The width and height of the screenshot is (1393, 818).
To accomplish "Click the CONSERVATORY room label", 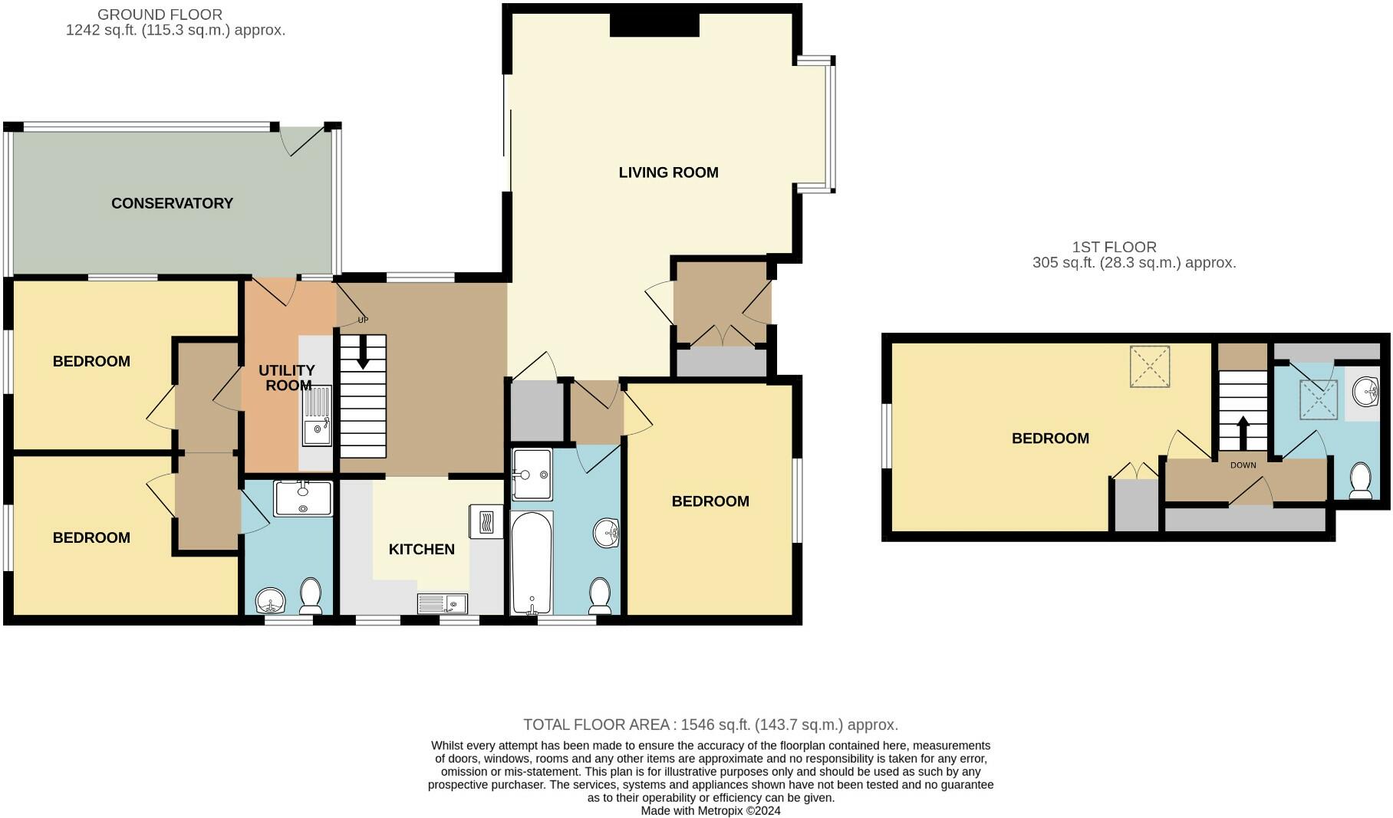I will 172,203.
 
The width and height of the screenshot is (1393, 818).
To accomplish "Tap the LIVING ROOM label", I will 668,172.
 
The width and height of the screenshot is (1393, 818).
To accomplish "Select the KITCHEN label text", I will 421,549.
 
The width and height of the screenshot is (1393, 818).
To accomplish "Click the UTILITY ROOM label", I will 287,378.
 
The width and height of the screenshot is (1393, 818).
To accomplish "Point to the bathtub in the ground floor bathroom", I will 531,563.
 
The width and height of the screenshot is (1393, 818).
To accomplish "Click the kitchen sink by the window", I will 443,604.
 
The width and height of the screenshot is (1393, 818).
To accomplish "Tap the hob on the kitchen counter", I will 485,523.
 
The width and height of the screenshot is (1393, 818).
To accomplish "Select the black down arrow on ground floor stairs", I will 362,353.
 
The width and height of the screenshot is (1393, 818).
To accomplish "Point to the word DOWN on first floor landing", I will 1243,465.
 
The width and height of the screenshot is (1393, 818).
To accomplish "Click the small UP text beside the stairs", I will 363,320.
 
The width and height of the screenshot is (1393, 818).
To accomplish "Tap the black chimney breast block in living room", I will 654,25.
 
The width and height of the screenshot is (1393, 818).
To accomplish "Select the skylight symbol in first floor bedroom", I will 1149,366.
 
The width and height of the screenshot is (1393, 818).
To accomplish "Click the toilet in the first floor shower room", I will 1360,481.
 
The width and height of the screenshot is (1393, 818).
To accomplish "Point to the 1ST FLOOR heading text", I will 1114,247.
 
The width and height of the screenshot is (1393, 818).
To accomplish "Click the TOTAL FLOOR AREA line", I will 710,724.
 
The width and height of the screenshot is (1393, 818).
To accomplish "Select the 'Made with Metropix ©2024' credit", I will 710,810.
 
